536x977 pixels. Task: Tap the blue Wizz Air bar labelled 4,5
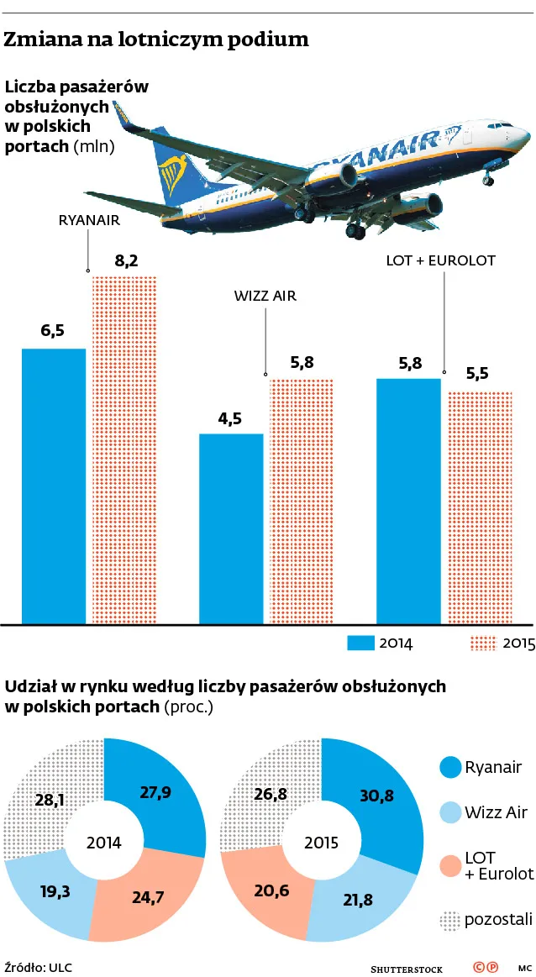[231, 528]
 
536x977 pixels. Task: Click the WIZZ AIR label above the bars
[265, 296]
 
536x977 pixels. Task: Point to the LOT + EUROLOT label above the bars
[440, 260]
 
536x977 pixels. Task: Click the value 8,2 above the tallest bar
[125, 261]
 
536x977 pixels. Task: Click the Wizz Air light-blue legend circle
[450, 812]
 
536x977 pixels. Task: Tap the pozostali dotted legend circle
[450, 920]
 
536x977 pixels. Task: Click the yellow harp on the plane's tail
[174, 172]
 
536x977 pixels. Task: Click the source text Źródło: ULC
[37, 966]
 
